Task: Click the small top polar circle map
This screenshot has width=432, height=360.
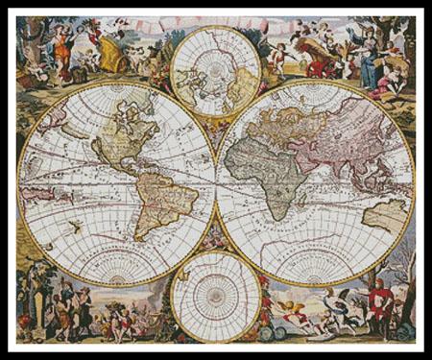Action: (x=215, y=70)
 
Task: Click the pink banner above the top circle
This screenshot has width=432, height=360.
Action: (x=215, y=22)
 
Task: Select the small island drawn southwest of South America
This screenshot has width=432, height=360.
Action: (x=72, y=227)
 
